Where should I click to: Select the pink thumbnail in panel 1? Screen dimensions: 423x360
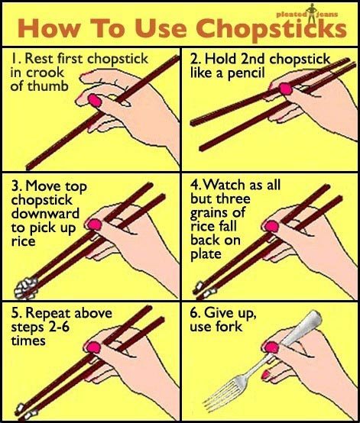click(96, 100)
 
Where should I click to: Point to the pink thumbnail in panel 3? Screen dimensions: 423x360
click(96, 224)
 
